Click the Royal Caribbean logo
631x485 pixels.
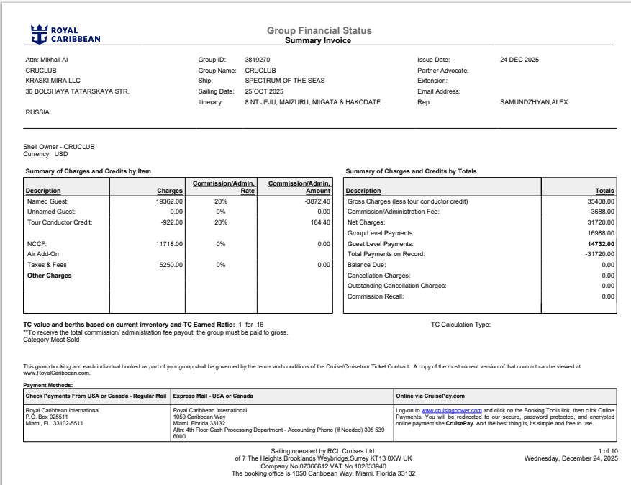65,34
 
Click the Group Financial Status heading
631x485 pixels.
319,31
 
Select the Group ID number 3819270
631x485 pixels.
257,59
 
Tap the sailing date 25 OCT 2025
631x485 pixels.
264,91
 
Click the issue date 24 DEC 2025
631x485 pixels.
519,59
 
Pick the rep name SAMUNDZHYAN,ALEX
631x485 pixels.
534,102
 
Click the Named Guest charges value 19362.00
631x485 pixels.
170,201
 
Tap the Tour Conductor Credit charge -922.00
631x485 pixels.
171,222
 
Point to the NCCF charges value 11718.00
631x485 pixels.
170,244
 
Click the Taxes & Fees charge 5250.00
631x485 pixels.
171,265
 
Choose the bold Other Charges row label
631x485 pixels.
50,276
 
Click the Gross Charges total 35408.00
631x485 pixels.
599,201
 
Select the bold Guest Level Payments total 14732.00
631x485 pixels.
599,244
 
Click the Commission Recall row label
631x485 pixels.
376,296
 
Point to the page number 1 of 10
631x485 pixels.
607,450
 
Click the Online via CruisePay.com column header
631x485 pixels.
430,396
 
